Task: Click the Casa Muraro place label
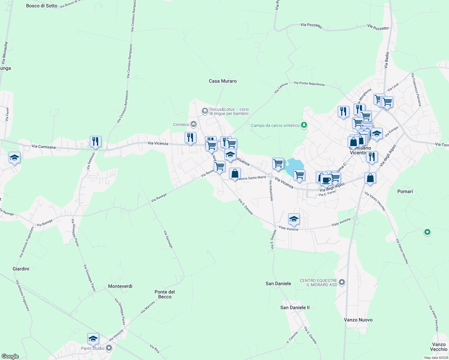223,81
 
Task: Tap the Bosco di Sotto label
42,6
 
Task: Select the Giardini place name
21,269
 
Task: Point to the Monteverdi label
120,286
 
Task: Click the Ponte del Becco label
165,294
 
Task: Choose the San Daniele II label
295,307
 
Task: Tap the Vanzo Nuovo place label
358,320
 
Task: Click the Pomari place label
405,191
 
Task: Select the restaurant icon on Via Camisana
95,141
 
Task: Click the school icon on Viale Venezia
294,219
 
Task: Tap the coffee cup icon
326,180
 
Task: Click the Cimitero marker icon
194,124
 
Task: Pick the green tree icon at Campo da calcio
304,125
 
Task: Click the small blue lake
294,166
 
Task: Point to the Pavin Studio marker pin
109,348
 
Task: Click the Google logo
10,356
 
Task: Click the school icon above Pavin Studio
93,339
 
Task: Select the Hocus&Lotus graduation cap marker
205,111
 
